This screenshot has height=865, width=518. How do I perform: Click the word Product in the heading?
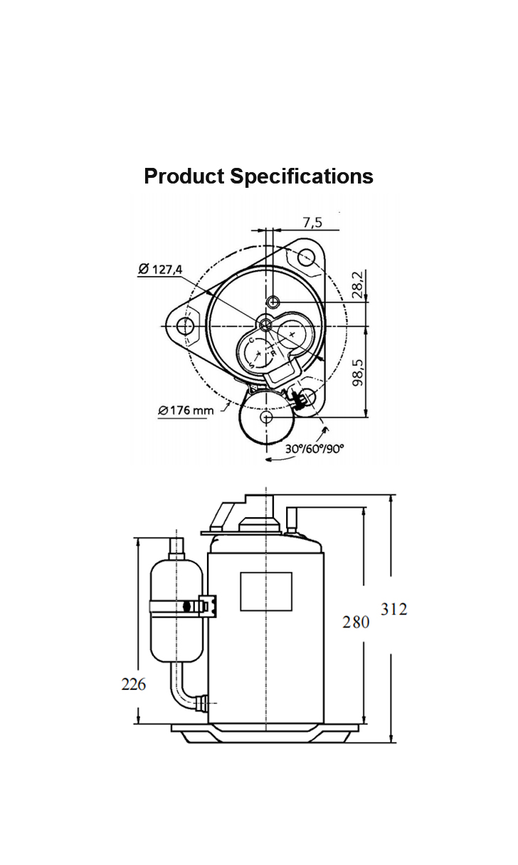184,176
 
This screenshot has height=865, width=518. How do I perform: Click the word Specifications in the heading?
302,176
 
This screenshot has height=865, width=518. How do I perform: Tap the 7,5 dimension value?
312,223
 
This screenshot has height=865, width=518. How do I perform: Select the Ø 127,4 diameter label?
160,269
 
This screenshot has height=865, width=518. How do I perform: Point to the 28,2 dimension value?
358,285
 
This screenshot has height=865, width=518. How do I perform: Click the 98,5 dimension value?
358,372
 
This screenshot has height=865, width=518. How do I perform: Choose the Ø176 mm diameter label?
186,410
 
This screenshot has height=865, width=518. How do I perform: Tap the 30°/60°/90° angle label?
314,449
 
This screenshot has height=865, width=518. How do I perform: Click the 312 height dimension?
394,610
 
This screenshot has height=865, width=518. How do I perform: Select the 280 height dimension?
356,622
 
